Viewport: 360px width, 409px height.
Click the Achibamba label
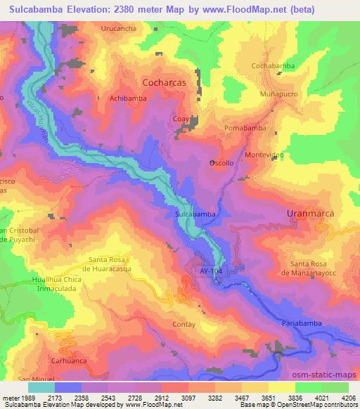pos(128,99)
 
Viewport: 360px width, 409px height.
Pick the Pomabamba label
pos(245,129)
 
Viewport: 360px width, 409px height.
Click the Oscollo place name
pos(222,162)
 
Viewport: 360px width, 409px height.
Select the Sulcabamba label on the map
pos(193,212)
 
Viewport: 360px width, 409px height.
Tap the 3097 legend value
pos(186,398)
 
